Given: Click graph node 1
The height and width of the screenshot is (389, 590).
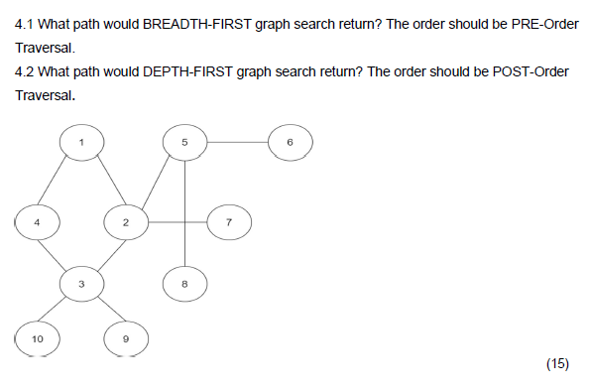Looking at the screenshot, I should pyautogui.click(x=81, y=143).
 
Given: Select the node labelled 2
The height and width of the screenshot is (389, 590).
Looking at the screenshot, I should pyautogui.click(x=126, y=222).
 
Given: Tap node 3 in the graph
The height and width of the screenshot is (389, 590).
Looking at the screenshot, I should pyautogui.click(x=81, y=284).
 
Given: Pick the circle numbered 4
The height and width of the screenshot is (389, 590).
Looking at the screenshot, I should pyautogui.click(x=37, y=222).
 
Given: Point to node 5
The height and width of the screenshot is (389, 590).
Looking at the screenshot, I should pyautogui.click(x=184, y=143).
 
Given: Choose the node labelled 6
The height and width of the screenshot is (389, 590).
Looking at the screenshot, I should pyautogui.click(x=290, y=143).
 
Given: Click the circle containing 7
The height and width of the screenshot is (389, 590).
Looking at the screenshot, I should pyautogui.click(x=229, y=222).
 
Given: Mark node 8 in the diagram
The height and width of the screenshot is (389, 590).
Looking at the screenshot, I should pyautogui.click(x=184, y=284).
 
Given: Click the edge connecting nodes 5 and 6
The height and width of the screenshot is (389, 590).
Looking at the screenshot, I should pyautogui.click(x=237, y=143).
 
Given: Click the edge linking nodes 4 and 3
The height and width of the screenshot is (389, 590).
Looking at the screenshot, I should pyautogui.click(x=59, y=253).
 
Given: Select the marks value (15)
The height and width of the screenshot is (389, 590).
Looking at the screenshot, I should pyautogui.click(x=557, y=363).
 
